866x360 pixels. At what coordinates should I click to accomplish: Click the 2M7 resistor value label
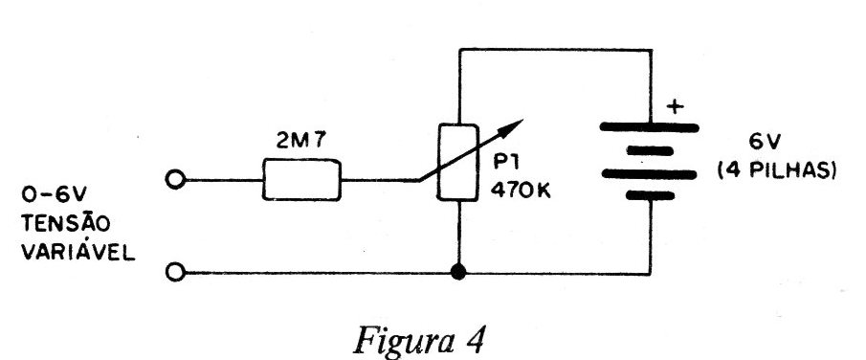(x=301, y=142)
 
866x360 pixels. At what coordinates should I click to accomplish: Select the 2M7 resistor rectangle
(x=301, y=179)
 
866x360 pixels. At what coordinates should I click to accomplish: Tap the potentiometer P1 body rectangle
(x=457, y=162)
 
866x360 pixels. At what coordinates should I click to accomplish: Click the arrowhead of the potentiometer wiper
(x=513, y=125)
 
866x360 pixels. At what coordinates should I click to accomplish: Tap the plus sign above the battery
(x=674, y=106)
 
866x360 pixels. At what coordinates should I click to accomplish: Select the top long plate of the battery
(x=650, y=127)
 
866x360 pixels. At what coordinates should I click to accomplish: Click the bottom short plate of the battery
(x=650, y=195)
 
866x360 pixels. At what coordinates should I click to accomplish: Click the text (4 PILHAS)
(x=776, y=170)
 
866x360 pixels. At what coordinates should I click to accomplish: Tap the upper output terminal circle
(x=175, y=180)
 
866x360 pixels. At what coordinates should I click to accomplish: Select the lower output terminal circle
(x=175, y=273)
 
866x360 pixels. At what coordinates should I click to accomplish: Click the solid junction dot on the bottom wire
(x=457, y=272)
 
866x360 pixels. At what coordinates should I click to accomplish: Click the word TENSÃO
(x=66, y=223)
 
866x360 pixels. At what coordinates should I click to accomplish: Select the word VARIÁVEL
(x=78, y=252)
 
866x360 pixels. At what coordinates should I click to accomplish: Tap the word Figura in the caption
(x=403, y=340)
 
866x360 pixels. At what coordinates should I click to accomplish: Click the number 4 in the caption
(x=475, y=338)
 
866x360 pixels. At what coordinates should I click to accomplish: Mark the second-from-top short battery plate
(x=650, y=150)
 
